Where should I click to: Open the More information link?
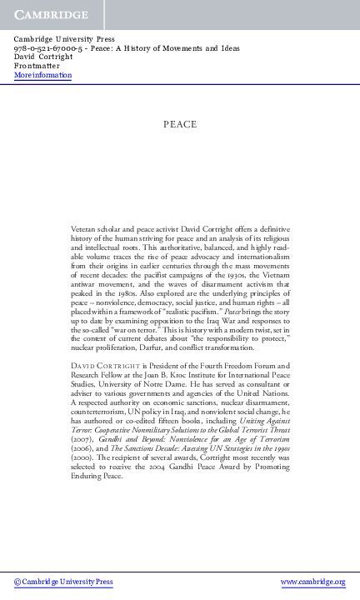(x=43, y=75)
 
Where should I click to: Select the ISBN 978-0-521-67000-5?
(x=45, y=48)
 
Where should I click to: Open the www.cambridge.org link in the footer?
(x=313, y=582)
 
